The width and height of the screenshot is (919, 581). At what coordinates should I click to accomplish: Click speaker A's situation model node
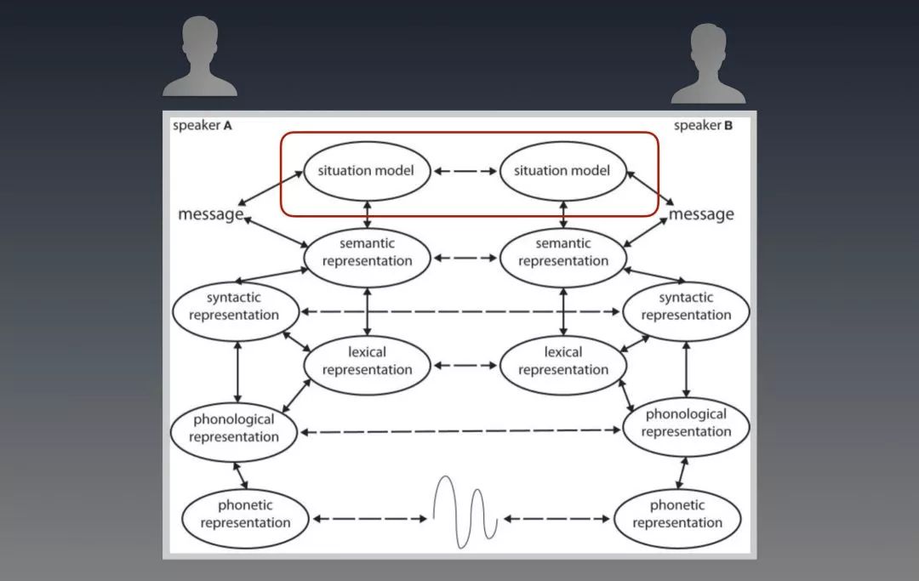[x=366, y=170]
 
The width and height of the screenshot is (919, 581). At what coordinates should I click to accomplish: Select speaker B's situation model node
[x=562, y=170]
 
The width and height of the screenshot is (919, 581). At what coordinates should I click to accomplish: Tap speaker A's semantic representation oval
[x=367, y=252]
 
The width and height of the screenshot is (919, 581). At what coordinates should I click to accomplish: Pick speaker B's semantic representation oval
[x=563, y=252]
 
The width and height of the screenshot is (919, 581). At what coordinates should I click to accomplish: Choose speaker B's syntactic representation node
[x=686, y=306]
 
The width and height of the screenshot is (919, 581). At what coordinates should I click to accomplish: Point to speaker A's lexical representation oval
[x=367, y=361]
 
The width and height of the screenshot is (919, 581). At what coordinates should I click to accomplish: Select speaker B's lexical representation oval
[x=563, y=361]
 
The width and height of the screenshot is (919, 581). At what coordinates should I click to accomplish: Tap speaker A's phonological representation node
[x=234, y=428]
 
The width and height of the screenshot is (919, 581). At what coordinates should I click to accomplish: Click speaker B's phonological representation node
[x=686, y=423]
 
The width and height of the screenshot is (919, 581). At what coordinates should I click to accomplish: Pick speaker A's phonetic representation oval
[x=245, y=514]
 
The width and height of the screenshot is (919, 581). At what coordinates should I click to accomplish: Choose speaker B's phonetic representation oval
[x=677, y=514]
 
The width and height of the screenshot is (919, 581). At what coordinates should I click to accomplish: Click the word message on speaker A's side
[x=210, y=214]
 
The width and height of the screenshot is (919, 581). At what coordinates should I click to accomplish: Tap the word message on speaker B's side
[x=701, y=214]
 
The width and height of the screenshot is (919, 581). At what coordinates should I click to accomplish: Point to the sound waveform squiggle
[x=465, y=510]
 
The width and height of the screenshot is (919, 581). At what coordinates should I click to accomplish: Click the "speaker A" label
[x=202, y=126]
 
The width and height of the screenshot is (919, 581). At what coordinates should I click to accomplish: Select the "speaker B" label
[x=703, y=126]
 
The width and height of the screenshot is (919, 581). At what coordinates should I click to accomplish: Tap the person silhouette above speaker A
[x=200, y=58]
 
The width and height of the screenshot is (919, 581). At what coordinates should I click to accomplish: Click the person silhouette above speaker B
[x=707, y=64]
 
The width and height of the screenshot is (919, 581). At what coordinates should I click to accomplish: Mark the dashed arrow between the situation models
[x=465, y=171]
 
